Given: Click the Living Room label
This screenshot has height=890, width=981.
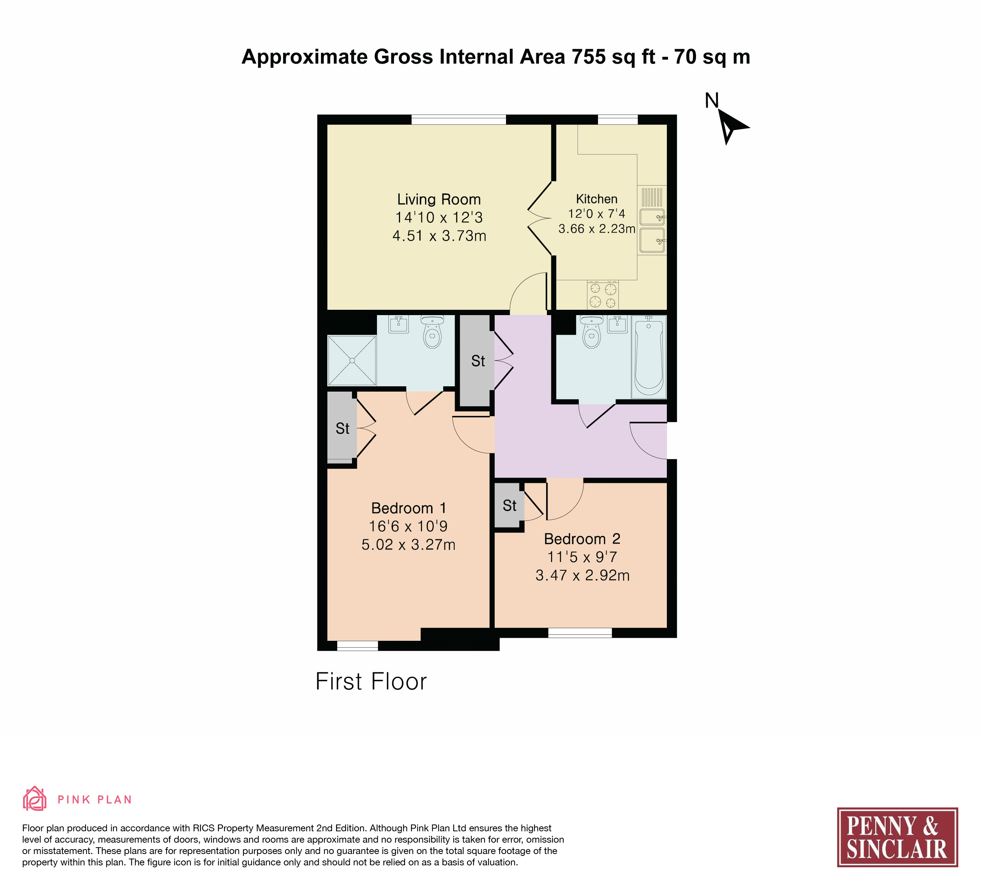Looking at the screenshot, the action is (x=439, y=199).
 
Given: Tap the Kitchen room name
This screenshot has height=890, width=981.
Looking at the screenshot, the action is (x=596, y=199).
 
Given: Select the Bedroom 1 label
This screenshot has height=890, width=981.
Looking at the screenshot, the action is (x=409, y=508).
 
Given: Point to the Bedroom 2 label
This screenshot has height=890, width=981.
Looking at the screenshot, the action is (x=582, y=539).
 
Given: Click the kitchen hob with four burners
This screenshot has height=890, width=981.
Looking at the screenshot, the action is (x=603, y=295).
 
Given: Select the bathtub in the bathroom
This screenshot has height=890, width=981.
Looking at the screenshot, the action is (x=649, y=357).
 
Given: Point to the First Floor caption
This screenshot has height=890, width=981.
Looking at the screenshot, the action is (x=371, y=682).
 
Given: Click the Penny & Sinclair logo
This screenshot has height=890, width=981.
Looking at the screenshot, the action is (x=897, y=837).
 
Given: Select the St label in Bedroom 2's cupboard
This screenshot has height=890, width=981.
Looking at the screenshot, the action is (x=509, y=506).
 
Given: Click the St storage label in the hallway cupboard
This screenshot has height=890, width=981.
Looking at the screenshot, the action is (x=478, y=361).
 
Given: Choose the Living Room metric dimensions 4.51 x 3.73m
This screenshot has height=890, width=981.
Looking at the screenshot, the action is (x=439, y=236).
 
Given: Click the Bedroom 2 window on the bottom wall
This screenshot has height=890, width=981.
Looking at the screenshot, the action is (x=580, y=633).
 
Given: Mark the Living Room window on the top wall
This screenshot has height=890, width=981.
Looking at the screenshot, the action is (x=458, y=120).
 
